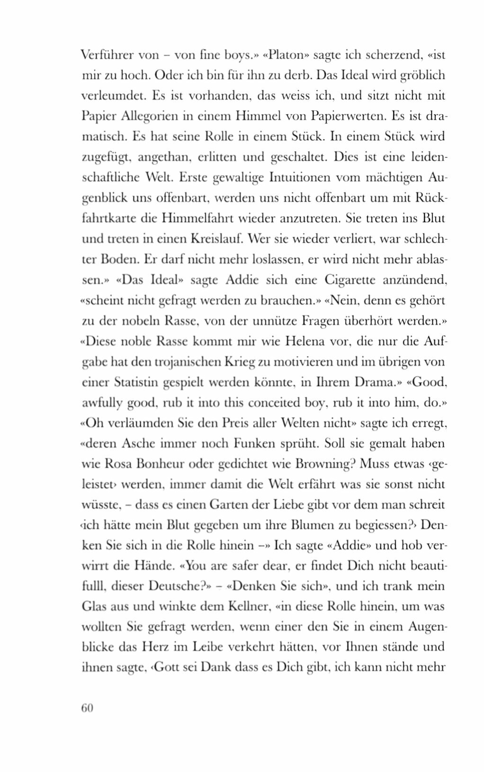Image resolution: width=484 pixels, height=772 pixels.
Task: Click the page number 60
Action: pyautogui.click(x=87, y=708)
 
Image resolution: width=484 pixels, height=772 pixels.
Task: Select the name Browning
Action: pyautogui.click(x=323, y=464)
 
